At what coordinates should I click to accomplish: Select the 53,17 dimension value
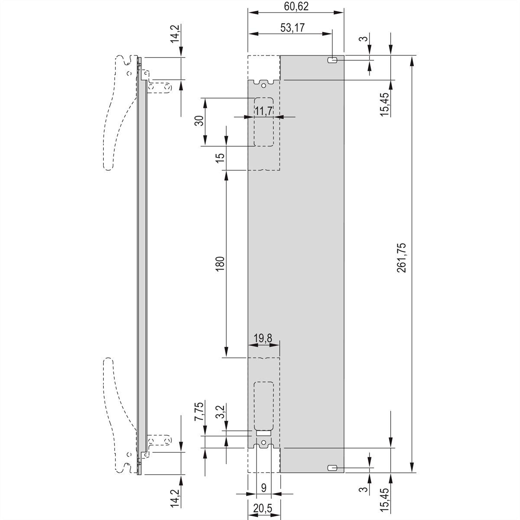point(292,28)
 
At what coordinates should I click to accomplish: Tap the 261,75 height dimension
point(401,263)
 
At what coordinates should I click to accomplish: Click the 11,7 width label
point(263,111)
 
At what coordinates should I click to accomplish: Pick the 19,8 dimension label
point(263,338)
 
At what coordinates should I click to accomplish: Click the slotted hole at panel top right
point(332,60)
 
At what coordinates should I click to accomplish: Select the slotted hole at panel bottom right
point(332,468)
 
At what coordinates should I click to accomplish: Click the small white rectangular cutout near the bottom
point(263,432)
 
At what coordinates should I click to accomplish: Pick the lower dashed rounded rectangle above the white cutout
point(263,405)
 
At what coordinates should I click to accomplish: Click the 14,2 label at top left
point(174,34)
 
